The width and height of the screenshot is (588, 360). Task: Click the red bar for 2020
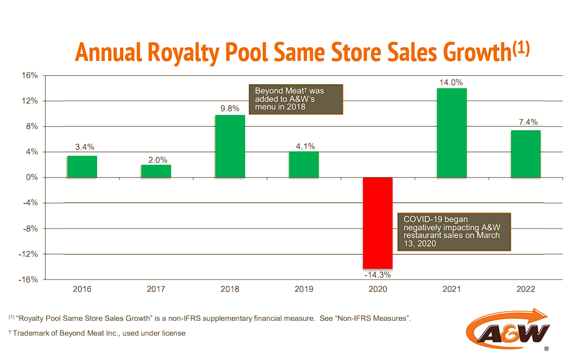pos(378,223)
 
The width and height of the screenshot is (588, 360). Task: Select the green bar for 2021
pos(451,133)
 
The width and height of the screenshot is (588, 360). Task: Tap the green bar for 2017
pos(156,171)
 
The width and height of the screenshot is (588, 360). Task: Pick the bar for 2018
pos(230,146)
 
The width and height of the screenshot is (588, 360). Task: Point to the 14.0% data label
pos(451,83)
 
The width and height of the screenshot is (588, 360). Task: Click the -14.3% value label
pos(378,275)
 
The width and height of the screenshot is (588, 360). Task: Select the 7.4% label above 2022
pos(525,123)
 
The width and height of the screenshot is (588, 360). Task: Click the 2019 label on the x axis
pos(304,290)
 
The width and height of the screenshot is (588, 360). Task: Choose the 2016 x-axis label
pos(82,290)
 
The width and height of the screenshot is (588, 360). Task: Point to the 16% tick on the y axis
pos(30,76)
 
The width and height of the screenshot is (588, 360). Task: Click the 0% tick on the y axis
pos(31,178)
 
